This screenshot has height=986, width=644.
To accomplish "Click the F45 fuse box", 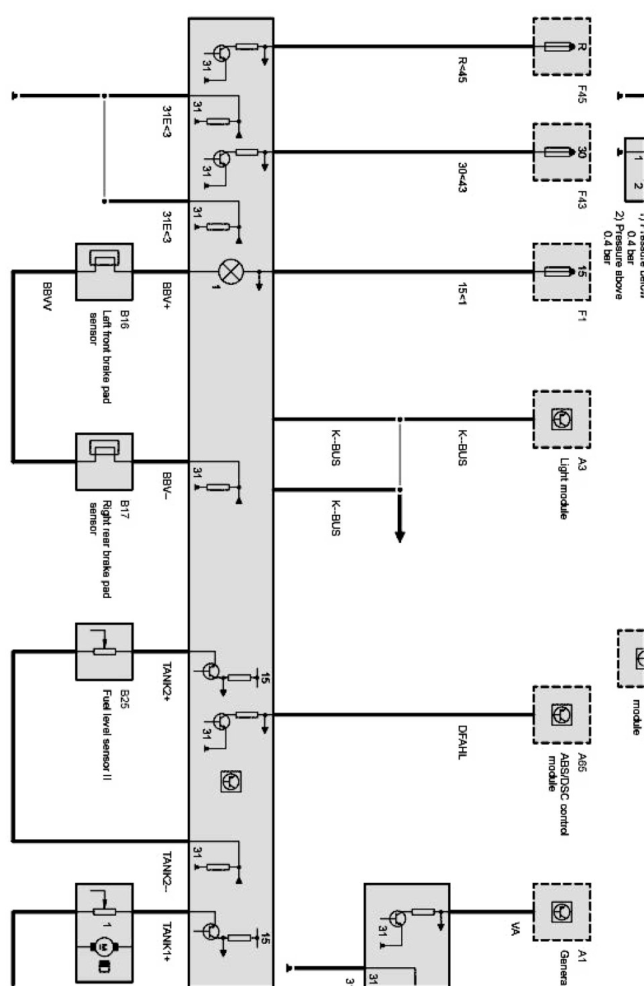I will (x=562, y=47).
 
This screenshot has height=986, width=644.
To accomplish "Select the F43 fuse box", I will (x=562, y=152).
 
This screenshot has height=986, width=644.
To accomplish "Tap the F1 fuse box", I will (x=562, y=272).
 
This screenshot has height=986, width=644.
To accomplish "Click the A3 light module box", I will (x=562, y=420).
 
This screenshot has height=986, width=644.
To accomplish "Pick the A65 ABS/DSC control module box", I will (x=562, y=715).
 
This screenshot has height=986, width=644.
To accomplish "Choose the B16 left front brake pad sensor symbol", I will (x=104, y=271).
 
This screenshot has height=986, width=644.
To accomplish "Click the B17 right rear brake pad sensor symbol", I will (x=104, y=461).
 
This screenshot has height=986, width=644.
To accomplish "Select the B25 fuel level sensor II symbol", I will (x=104, y=651).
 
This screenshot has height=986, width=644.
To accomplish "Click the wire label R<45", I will (x=462, y=70).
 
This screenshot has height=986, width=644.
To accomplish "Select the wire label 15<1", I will (x=462, y=294).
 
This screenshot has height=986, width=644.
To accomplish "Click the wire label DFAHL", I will (x=462, y=741).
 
